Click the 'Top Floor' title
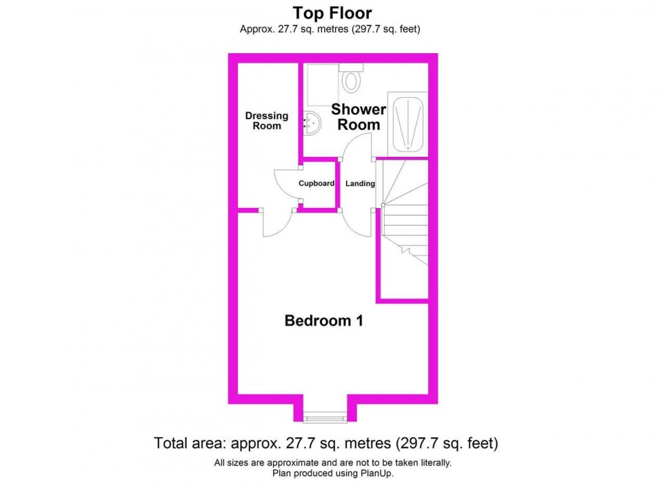(x=332, y=12)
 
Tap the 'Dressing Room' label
(x=266, y=121)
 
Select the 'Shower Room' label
(x=359, y=117)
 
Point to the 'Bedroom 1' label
(x=323, y=321)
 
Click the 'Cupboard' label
(x=317, y=184)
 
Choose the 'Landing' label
(x=360, y=184)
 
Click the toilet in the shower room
(x=351, y=80)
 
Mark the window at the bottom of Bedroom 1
(x=323, y=417)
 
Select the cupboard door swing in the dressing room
(x=287, y=184)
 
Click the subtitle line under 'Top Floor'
(x=332, y=29)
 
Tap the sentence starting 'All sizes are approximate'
(x=332, y=463)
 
